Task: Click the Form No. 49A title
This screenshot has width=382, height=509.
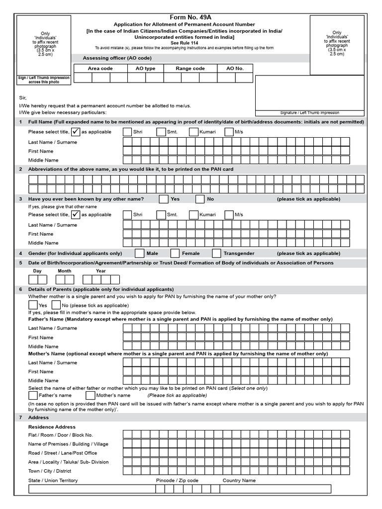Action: click(191, 17)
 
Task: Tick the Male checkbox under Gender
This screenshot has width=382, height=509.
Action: click(140, 254)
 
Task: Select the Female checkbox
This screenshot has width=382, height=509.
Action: click(175, 254)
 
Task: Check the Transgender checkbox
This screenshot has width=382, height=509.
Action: click(216, 254)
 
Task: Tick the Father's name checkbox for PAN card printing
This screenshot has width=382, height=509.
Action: click(33, 396)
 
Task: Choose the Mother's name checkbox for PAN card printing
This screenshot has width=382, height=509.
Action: click(91, 396)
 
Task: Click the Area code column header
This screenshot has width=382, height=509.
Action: click(100, 68)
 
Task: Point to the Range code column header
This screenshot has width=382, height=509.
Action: click(190, 68)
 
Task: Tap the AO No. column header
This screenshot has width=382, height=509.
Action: click(235, 68)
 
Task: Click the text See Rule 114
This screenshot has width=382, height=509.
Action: click(191, 43)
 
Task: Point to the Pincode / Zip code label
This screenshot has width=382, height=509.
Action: click(177, 481)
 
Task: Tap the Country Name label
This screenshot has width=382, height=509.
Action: click(239, 481)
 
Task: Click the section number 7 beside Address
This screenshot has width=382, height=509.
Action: click(20, 418)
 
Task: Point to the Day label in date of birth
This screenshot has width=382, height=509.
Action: click(37, 271)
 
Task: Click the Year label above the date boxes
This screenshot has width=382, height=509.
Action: click(100, 271)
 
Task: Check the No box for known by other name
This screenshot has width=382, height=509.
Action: click(200, 199)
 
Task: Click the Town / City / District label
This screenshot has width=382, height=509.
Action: click(50, 471)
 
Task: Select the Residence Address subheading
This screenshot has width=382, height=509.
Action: click(52, 427)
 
